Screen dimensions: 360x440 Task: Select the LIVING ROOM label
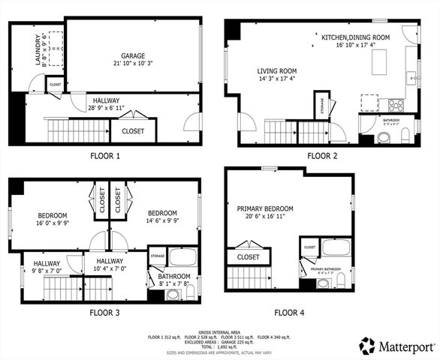pyautogui.click(x=276, y=73)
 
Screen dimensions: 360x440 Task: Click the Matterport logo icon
pyautogui.click(x=366, y=345)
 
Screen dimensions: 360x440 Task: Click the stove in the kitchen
pyautogui.click(x=392, y=103)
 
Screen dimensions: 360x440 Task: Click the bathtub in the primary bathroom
pyautogui.click(x=336, y=248)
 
